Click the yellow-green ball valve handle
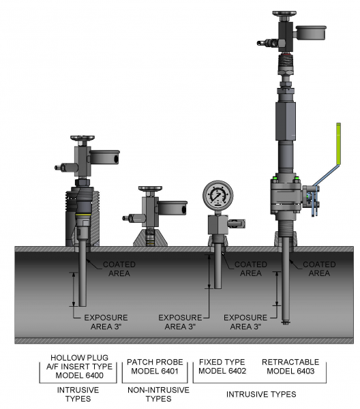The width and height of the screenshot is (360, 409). click(x=338, y=144)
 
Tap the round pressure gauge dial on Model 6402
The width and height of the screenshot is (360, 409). click(x=217, y=195)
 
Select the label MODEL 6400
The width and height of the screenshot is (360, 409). click(x=79, y=376)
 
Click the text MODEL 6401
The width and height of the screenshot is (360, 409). click(x=155, y=371)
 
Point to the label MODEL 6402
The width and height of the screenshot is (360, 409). click(x=222, y=371)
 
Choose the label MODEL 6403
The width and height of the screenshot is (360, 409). click(x=290, y=371)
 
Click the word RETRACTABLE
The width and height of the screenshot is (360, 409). click(x=290, y=362)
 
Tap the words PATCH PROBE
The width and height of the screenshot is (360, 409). click(x=155, y=362)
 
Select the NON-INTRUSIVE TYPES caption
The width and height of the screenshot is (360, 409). click(x=158, y=395)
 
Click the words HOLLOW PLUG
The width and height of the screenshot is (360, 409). click(x=79, y=358)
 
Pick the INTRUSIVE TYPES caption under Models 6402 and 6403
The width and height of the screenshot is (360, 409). click(x=261, y=394)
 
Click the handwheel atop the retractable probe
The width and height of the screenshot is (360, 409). click(x=284, y=13)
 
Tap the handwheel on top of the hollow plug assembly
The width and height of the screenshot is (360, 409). click(x=82, y=138)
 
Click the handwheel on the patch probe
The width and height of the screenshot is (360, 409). click(x=150, y=188)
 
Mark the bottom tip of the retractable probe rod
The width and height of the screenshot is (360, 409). click(x=286, y=324)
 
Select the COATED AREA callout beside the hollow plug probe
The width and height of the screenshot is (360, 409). click(x=119, y=269)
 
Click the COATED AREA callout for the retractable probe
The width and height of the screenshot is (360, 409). click(x=319, y=269)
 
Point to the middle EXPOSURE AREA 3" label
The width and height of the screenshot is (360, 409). click(x=180, y=322)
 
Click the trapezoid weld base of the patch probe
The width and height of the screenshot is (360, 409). click(x=150, y=237)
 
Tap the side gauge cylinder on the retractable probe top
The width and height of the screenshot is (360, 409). click(x=311, y=33)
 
